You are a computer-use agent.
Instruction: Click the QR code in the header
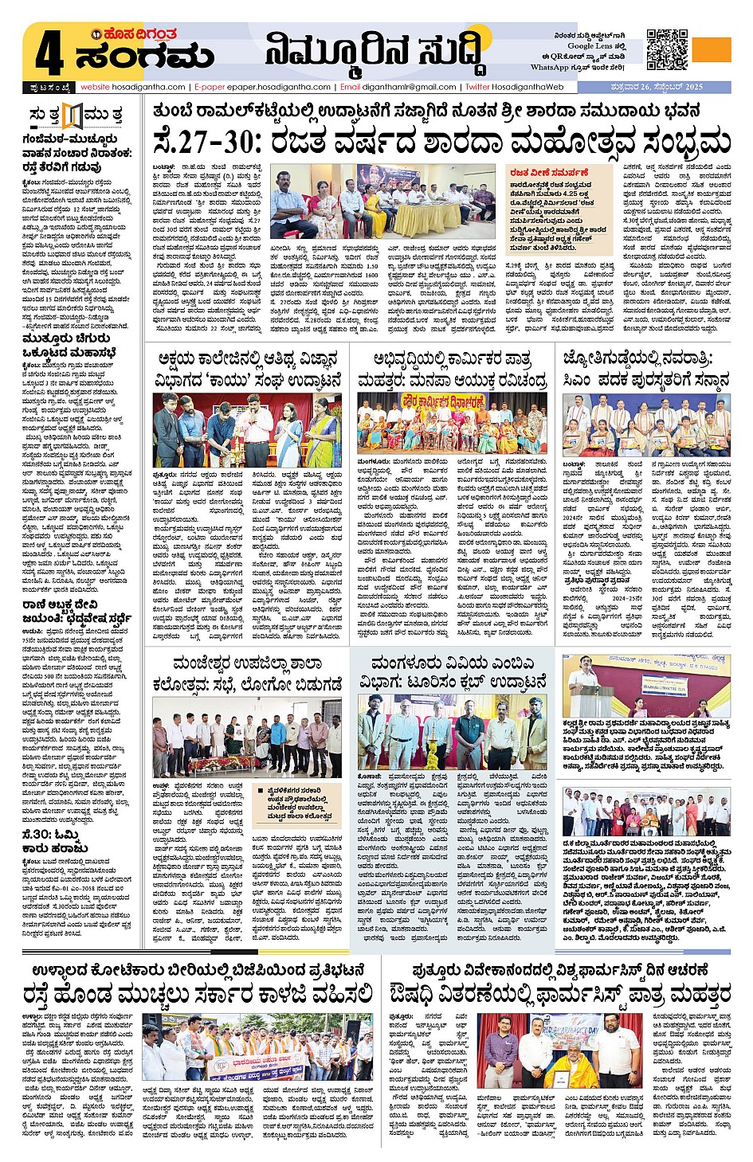[x=667, y=50]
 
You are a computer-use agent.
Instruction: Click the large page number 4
[x=49, y=55]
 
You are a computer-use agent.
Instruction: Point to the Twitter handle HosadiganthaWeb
[x=527, y=87]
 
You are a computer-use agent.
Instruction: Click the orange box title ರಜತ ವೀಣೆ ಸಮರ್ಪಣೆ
[x=549, y=172]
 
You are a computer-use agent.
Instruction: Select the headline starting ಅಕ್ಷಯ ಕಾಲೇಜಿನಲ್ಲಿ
[x=248, y=369]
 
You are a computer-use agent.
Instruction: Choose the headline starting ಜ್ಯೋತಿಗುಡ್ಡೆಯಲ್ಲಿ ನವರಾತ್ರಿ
[x=645, y=369]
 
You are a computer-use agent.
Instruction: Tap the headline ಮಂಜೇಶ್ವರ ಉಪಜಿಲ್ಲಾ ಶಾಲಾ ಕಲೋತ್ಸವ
[x=248, y=673]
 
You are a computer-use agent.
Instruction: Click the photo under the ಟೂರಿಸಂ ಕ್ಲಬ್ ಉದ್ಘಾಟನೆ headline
[x=452, y=732]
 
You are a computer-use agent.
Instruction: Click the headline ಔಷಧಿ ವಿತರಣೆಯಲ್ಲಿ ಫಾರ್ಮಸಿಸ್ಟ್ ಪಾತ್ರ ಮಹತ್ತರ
[x=560, y=995]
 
